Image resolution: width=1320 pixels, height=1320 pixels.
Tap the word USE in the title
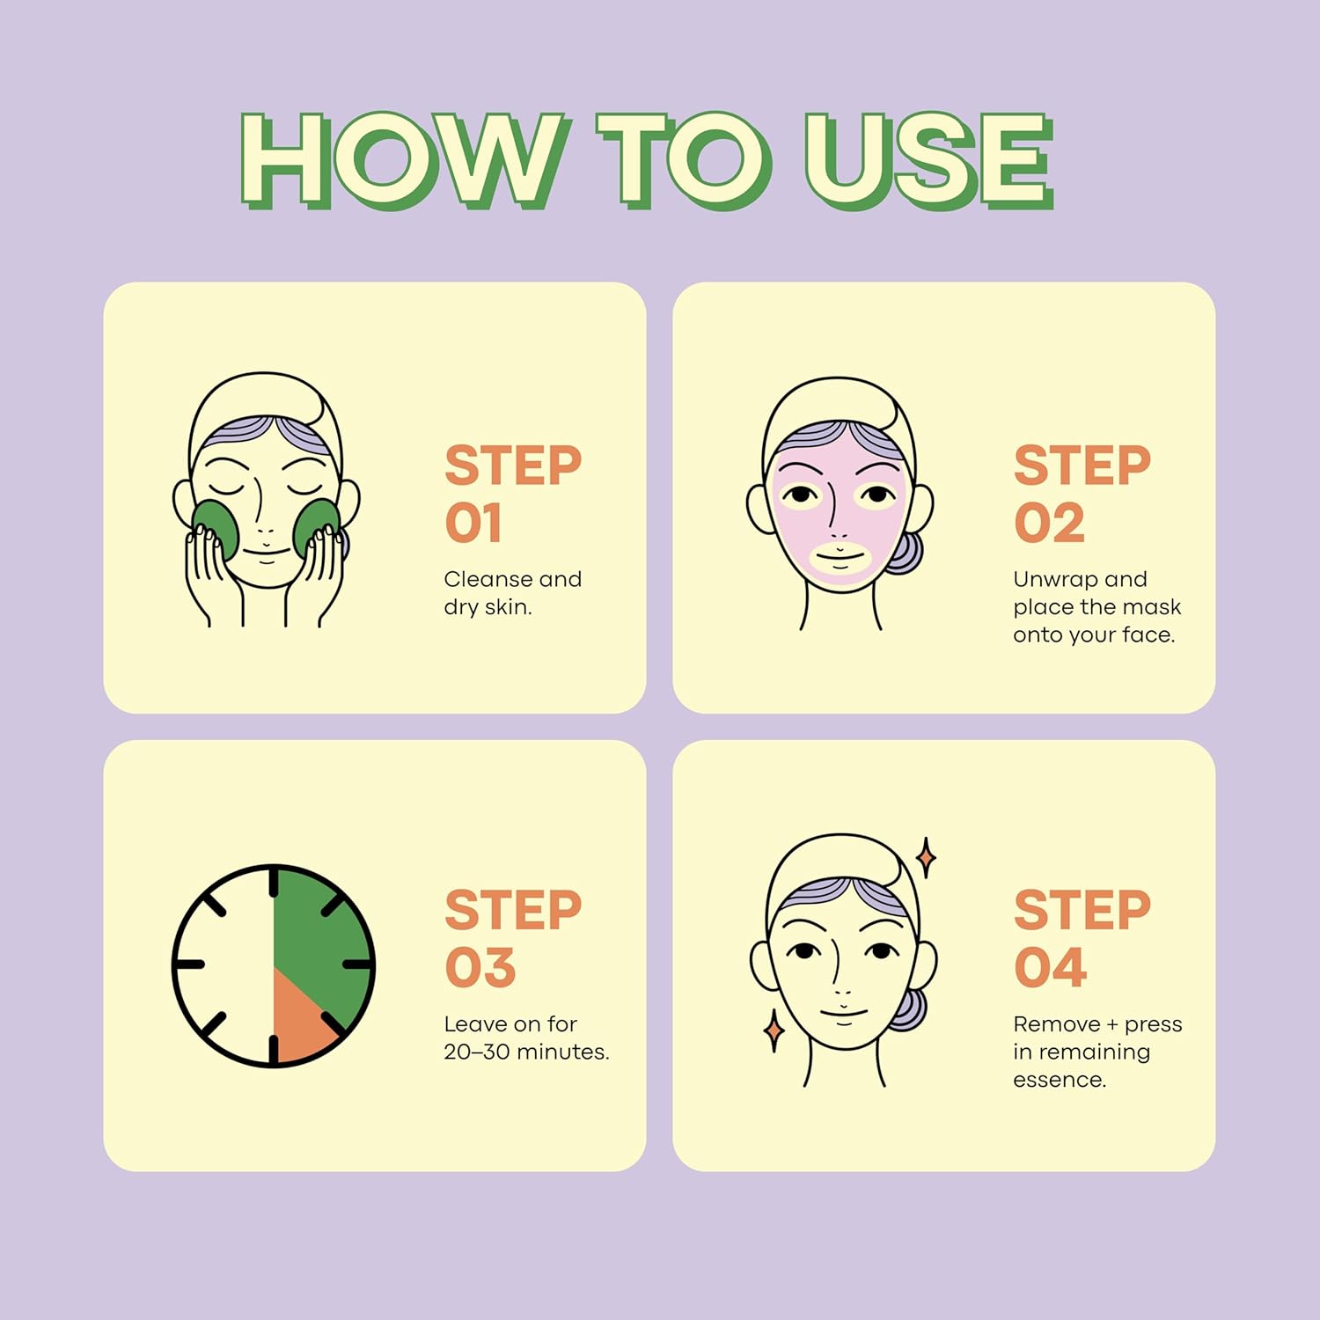pos(929,161)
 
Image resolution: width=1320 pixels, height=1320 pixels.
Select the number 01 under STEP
pos(473,524)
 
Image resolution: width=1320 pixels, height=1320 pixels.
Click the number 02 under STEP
pos(1049,524)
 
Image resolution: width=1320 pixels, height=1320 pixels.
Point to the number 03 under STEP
pos(480,968)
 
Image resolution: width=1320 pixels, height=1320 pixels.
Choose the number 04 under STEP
pos(1050,968)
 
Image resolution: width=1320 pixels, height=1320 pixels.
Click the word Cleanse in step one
pos(488,579)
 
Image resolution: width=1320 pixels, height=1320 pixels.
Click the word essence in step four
pos(1060,1080)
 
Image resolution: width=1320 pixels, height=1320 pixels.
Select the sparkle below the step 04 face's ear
pos(774,1030)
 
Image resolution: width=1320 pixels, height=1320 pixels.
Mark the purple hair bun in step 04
pos(910,1009)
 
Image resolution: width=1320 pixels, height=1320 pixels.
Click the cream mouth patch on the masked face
pos(840,558)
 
